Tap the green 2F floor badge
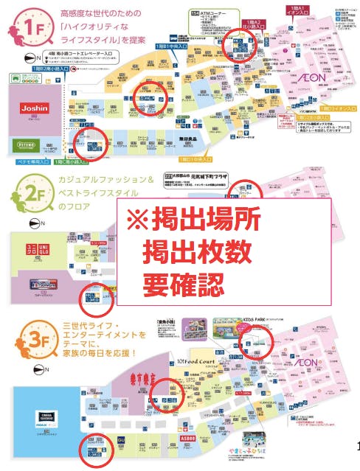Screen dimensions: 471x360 point(21,197)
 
